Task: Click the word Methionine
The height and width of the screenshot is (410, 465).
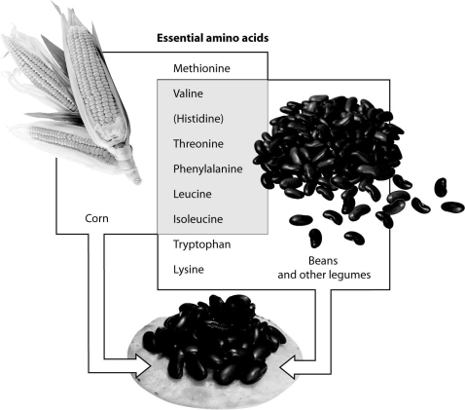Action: click(x=201, y=69)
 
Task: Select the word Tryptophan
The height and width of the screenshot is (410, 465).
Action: click(x=201, y=243)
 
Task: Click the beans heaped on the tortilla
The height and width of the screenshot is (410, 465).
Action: click(x=214, y=341)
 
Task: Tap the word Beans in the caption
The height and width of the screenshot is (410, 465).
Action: click(x=321, y=261)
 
